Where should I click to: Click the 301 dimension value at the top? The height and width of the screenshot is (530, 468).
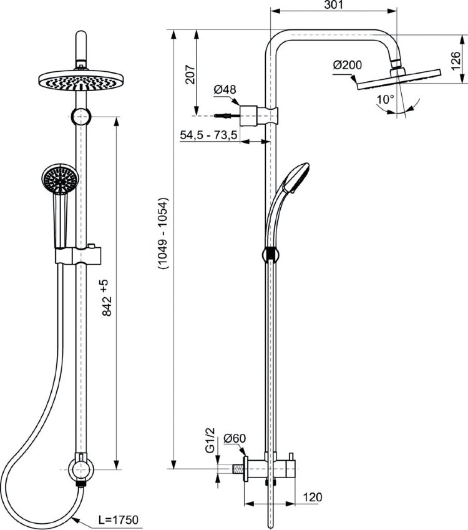tap(333, 6)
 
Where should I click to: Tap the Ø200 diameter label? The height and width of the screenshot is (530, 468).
tap(346, 65)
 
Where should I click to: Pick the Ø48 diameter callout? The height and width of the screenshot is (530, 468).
tap(225, 90)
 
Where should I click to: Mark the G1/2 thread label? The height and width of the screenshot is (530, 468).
tap(210, 442)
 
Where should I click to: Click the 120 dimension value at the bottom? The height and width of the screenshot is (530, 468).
tap(313, 497)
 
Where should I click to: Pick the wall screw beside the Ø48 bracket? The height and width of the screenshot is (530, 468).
tap(225, 115)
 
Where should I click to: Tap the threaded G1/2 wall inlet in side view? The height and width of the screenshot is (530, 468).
tap(238, 466)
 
